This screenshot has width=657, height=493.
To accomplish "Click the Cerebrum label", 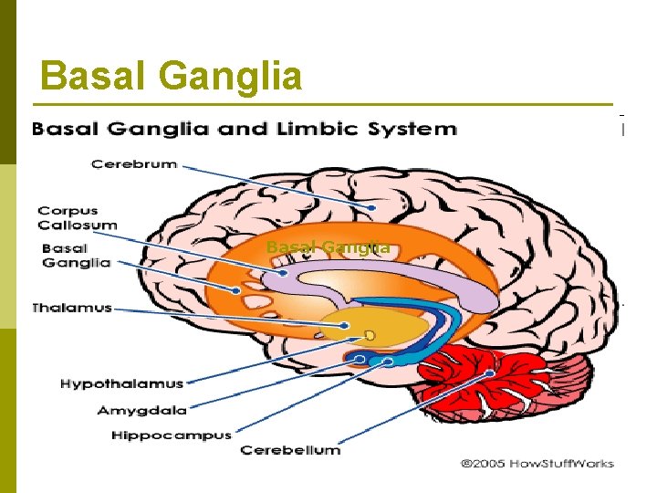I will pos(133,164).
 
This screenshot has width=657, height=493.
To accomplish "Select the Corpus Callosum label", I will pos(78,217).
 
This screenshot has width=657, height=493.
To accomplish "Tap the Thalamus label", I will pos(71,308).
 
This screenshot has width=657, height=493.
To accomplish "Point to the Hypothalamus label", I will pos(121,383).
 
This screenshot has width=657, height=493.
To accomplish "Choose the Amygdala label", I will pos(141,410).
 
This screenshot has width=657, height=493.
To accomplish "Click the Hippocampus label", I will pos(171,435).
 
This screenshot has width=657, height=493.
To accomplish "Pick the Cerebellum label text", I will pos(289,449).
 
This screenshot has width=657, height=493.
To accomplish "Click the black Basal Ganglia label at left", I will pos(76,255).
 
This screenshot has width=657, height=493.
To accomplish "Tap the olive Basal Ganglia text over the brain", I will pos(328,246).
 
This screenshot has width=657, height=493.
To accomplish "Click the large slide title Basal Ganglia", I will pos(172,76).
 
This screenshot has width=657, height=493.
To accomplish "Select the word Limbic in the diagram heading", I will pos(316,129).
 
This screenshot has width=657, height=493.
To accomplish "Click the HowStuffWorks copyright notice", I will pos(537,463).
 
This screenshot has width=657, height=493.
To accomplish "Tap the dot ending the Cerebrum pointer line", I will pos(372,208).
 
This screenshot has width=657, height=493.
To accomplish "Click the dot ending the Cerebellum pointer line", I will pos(490,374).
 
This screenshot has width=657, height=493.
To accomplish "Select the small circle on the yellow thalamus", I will pos(370,334).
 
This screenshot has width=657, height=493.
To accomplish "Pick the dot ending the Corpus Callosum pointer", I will pos(284,272).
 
